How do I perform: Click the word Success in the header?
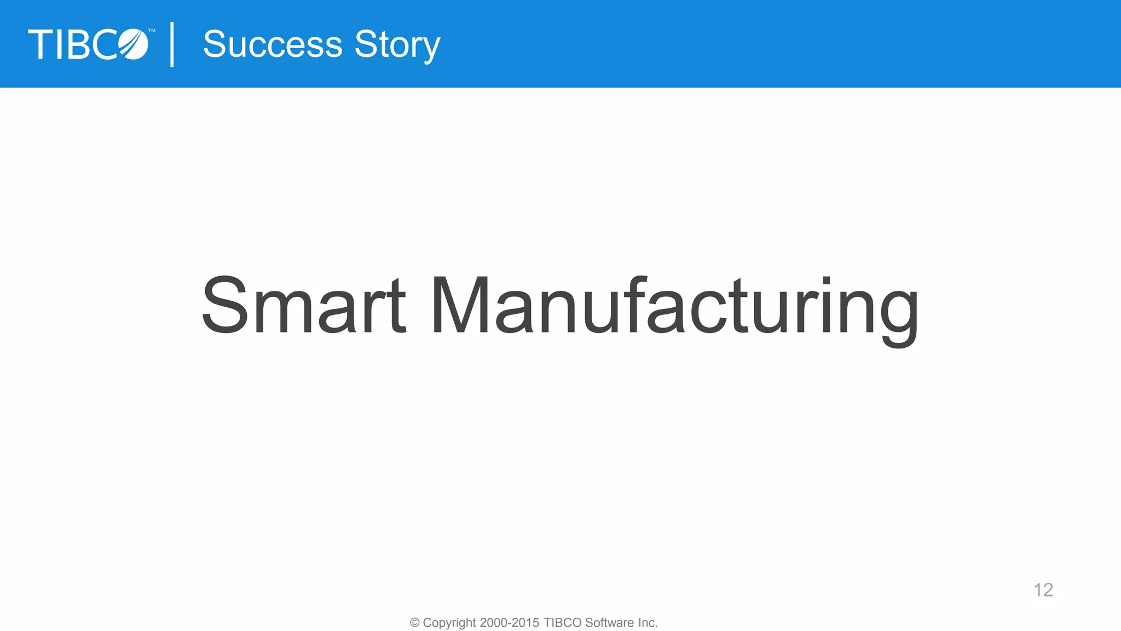(272, 44)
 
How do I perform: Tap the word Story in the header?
(397, 45)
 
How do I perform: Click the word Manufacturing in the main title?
(675, 307)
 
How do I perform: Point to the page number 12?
(1043, 590)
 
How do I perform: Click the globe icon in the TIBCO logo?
(134, 44)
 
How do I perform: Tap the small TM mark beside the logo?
(152, 31)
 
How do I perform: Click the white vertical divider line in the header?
(172, 44)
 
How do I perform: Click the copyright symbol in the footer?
(415, 623)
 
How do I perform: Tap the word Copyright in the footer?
(449, 623)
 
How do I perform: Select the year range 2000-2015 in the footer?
(509, 623)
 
